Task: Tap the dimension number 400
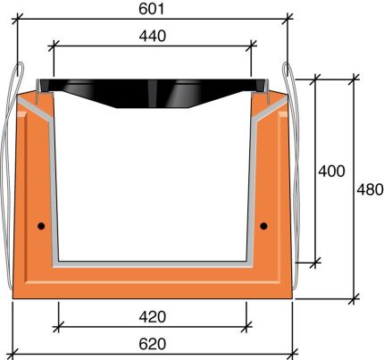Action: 331,171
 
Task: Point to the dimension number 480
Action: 369,189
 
